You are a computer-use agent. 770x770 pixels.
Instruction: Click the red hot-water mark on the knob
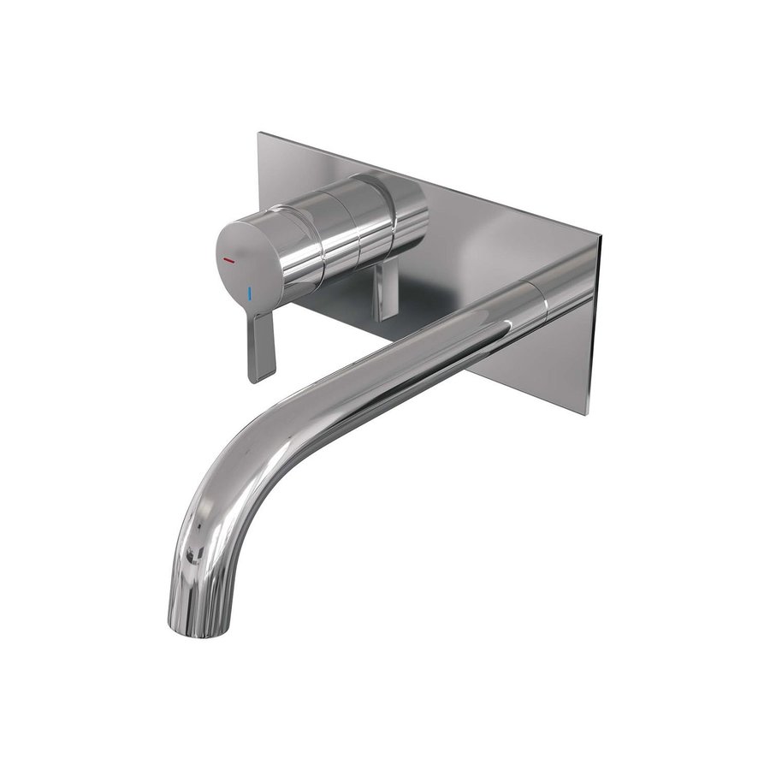[x=229, y=258]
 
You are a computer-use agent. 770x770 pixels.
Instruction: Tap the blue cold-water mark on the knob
[x=249, y=293]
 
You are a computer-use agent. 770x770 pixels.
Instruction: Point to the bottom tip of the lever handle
[x=254, y=378]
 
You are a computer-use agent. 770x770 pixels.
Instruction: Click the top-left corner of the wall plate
[x=259, y=133]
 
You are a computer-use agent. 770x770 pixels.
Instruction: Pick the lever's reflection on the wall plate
[x=384, y=291]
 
